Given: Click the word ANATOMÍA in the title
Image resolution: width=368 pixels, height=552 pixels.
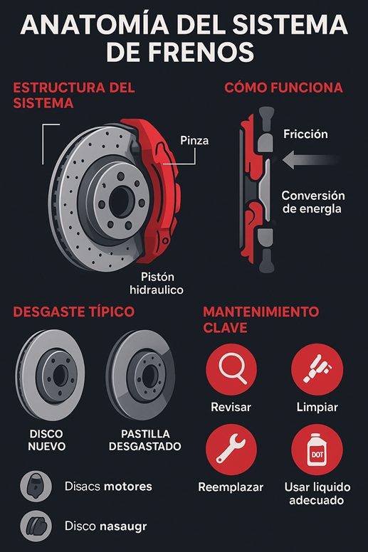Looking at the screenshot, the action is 95,25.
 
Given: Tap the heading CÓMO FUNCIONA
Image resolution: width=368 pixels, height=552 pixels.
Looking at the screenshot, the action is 283,87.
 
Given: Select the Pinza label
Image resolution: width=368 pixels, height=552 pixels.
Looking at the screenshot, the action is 194,140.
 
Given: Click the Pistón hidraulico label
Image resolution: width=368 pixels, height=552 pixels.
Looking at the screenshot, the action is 157,283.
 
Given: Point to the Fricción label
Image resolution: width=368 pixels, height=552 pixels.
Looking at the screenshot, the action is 305,134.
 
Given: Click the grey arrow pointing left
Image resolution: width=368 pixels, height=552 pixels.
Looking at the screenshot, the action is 310,159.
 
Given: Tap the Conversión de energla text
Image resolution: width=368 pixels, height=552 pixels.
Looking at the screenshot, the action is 312,202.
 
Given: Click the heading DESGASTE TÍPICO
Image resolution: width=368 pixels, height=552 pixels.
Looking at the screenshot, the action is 73,312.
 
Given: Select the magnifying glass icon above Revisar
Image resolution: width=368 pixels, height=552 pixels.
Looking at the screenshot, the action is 231,369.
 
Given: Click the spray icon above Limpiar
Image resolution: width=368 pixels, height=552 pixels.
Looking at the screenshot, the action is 317,369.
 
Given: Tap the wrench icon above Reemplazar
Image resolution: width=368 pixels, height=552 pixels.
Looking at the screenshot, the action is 231,449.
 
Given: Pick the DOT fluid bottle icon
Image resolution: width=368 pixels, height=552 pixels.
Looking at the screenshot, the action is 317,449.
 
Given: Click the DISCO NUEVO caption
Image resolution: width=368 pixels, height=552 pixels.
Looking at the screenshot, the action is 46,440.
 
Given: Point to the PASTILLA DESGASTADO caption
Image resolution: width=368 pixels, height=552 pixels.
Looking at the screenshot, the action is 144,440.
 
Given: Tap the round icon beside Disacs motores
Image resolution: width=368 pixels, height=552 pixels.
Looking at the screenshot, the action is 36,486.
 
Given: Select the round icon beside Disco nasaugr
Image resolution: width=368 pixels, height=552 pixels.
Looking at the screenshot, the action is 36,526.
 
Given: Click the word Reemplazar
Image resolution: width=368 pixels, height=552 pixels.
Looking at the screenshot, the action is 231,487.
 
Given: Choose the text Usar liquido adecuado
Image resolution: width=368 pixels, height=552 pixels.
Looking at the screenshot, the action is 317,494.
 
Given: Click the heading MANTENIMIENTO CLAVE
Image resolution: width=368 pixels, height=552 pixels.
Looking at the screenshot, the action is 261,319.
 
